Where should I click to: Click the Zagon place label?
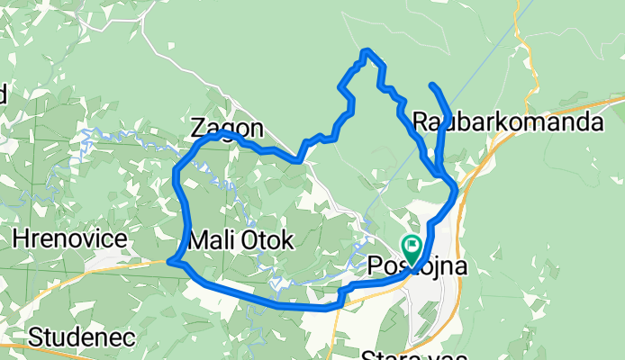228,128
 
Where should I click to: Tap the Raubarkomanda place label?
508,121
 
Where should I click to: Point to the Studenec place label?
82,337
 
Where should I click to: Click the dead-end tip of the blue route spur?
433,85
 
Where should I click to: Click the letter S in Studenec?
36,337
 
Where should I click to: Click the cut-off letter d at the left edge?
3,94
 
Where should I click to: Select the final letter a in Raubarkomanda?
595,121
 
